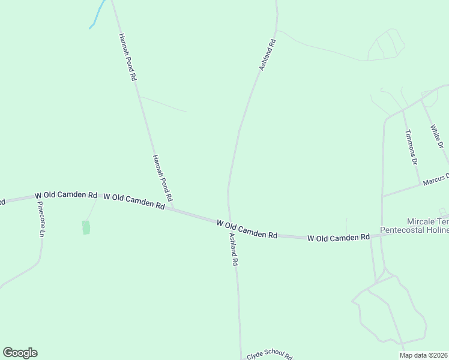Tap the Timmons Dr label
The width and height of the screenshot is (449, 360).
point(411,147)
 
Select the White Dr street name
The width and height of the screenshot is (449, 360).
point(436,137)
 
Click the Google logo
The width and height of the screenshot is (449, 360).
point(20,352)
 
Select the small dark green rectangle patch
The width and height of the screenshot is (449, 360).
point(86,227)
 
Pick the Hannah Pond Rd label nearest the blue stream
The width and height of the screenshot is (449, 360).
point(127,57)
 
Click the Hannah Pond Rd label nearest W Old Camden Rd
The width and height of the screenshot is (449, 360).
point(162,177)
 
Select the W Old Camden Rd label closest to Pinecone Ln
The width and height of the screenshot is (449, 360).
point(66,195)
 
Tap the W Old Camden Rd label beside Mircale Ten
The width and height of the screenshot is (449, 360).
point(338,238)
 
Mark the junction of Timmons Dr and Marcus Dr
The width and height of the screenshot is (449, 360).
point(420,184)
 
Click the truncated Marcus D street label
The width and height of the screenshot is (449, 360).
point(435,178)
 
